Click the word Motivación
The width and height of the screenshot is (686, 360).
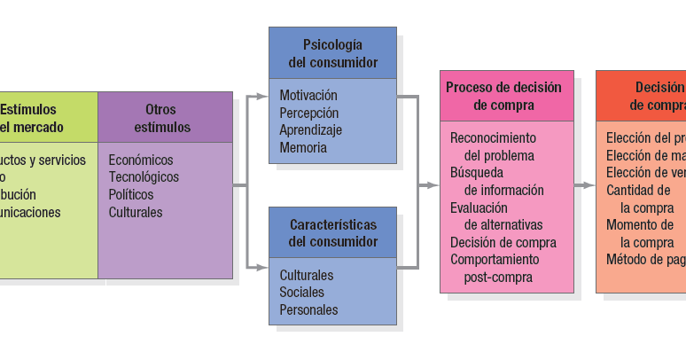308,95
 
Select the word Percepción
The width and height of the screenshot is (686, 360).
308,113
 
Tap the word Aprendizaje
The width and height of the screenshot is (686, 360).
311,129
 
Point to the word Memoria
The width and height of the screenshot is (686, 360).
303,147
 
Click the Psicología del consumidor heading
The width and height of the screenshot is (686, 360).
333,53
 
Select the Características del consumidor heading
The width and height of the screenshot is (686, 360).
333,232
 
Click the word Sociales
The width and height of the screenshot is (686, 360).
302,292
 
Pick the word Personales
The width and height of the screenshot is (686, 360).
309,309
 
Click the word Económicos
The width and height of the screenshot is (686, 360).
141,160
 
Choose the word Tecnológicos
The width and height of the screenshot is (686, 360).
144,176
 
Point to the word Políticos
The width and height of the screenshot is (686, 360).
131,194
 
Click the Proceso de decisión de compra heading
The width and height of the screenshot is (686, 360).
503,96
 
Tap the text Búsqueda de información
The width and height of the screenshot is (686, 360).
497,181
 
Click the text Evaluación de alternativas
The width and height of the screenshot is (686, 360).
496,215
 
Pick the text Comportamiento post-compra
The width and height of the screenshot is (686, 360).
495,268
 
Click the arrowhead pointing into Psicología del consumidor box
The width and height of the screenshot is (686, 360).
263,95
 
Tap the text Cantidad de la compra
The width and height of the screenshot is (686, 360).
640,199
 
